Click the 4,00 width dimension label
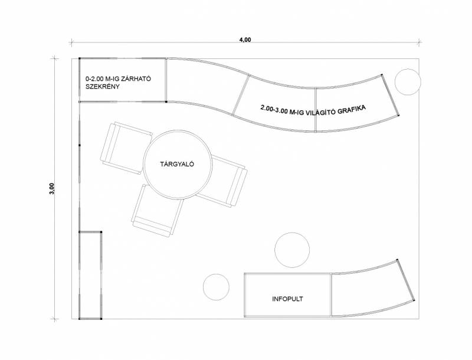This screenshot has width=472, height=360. (245, 40)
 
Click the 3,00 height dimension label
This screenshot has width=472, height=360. (52, 189)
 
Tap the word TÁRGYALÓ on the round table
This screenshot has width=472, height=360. (177, 164)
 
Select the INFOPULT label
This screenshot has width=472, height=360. (287, 299)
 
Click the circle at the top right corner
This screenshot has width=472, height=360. (408, 82)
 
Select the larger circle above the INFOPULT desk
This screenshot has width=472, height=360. (292, 250)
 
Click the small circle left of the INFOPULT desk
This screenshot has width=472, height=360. (216, 287)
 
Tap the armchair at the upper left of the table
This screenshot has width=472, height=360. (126, 148)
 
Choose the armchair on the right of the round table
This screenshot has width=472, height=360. (224, 182)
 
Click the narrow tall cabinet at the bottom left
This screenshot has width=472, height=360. (90, 276)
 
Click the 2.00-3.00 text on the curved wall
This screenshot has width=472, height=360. (274, 109)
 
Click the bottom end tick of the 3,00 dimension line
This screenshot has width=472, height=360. (54, 319)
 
